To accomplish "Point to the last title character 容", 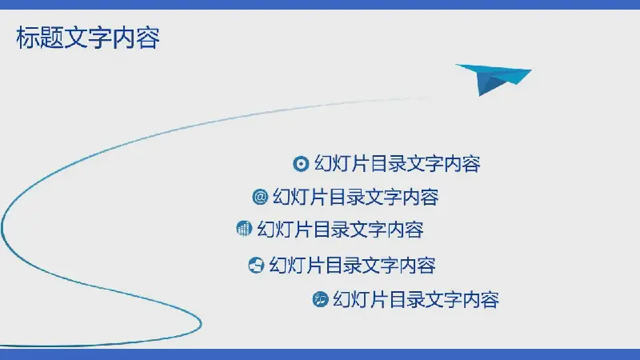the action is coord(148,38).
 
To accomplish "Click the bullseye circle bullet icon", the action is coord(301,164).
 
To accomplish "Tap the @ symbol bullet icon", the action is coord(260,197).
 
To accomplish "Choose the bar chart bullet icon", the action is coord(244,229).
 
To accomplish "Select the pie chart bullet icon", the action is coord(256,265).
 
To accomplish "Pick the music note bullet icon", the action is coord(321,299).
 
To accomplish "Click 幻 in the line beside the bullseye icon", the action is coord(323,164).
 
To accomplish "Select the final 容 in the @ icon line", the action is coord(430,197).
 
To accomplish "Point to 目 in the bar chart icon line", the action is coord(322,230).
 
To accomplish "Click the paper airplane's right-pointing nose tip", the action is coord(531,70).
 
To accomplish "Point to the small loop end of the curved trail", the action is coord(201,323).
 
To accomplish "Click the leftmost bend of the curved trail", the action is coord(2,227).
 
